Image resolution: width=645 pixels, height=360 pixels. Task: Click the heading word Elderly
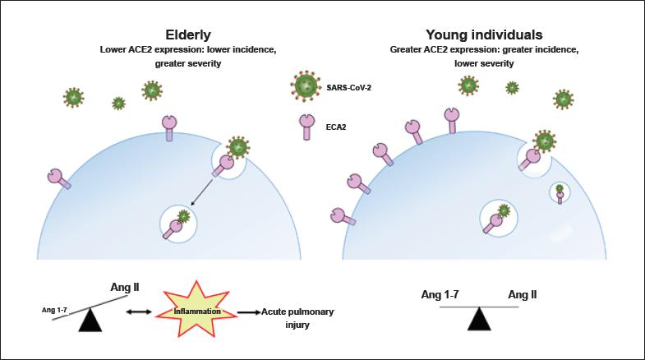188,35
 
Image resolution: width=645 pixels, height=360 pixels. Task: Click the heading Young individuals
483,35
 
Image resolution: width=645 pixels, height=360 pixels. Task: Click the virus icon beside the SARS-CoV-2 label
306,85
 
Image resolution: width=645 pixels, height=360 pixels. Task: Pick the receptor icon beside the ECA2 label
306,126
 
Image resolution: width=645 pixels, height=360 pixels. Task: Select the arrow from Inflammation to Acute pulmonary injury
248,313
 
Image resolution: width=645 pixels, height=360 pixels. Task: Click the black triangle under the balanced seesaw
479,319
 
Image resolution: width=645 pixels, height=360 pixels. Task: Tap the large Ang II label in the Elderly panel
125,288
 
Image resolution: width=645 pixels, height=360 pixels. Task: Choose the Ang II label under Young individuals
523,295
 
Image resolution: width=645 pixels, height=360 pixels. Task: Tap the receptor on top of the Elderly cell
169,126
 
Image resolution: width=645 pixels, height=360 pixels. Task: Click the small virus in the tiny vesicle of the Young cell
560,190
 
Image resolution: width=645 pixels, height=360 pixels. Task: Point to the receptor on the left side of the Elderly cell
58,178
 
